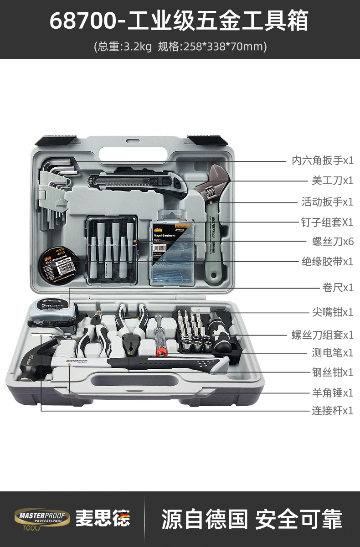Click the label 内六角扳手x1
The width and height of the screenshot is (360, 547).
click(322, 160)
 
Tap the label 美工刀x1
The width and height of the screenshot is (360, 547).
click(332, 181)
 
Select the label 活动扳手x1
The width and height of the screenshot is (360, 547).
click(327, 201)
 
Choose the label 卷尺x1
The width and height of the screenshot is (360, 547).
click(338, 288)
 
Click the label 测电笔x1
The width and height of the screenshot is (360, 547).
click(332, 352)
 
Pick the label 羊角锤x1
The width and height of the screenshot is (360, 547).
click(332, 392)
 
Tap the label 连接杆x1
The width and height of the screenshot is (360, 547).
click(332, 411)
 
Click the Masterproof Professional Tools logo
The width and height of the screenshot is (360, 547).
click(42, 519)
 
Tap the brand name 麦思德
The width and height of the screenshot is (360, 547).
click(103, 519)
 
